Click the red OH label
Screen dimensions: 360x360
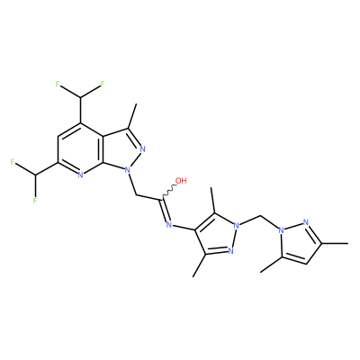click(x=181, y=181)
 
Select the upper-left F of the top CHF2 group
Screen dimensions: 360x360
click(x=58, y=84)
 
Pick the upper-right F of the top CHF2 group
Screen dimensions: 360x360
click(x=103, y=84)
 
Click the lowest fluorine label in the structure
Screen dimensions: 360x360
click(x=35, y=200)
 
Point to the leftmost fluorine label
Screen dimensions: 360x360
click(x=13, y=162)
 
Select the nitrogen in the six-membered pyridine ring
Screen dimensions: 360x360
click(x=80, y=175)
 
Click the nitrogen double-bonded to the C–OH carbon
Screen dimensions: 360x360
click(x=168, y=224)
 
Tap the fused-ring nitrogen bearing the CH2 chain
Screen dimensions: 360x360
click(x=128, y=170)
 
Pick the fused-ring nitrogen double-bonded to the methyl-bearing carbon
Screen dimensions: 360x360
click(x=142, y=148)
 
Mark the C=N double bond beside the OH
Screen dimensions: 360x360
click(x=165, y=210)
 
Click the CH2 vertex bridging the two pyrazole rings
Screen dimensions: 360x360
click(x=260, y=215)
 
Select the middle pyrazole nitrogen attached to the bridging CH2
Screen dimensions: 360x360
click(x=237, y=225)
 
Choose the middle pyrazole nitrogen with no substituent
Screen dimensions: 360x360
click(x=230, y=251)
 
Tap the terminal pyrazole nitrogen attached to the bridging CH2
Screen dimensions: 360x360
click(x=281, y=230)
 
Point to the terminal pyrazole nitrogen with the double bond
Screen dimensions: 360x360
click(x=306, y=222)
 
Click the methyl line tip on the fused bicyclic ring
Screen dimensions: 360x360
click(x=137, y=104)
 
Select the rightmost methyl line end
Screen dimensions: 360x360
click(x=348, y=244)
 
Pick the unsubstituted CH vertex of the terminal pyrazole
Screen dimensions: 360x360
click(x=306, y=264)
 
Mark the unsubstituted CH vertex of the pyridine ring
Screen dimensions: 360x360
click(x=58, y=136)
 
